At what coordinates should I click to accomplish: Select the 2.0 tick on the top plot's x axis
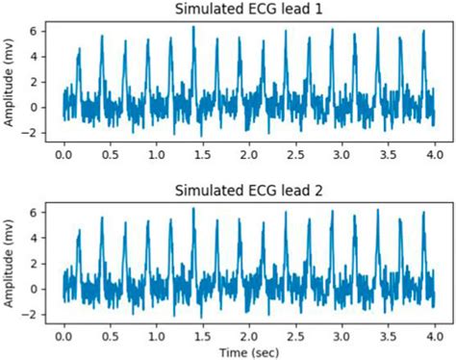pos(249,154)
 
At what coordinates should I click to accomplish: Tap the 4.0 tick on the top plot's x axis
pos(435,154)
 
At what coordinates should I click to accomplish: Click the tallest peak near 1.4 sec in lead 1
pos(193,27)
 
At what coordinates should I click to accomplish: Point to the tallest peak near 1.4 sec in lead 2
pos(193,209)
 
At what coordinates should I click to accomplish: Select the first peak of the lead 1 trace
pos(79,47)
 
